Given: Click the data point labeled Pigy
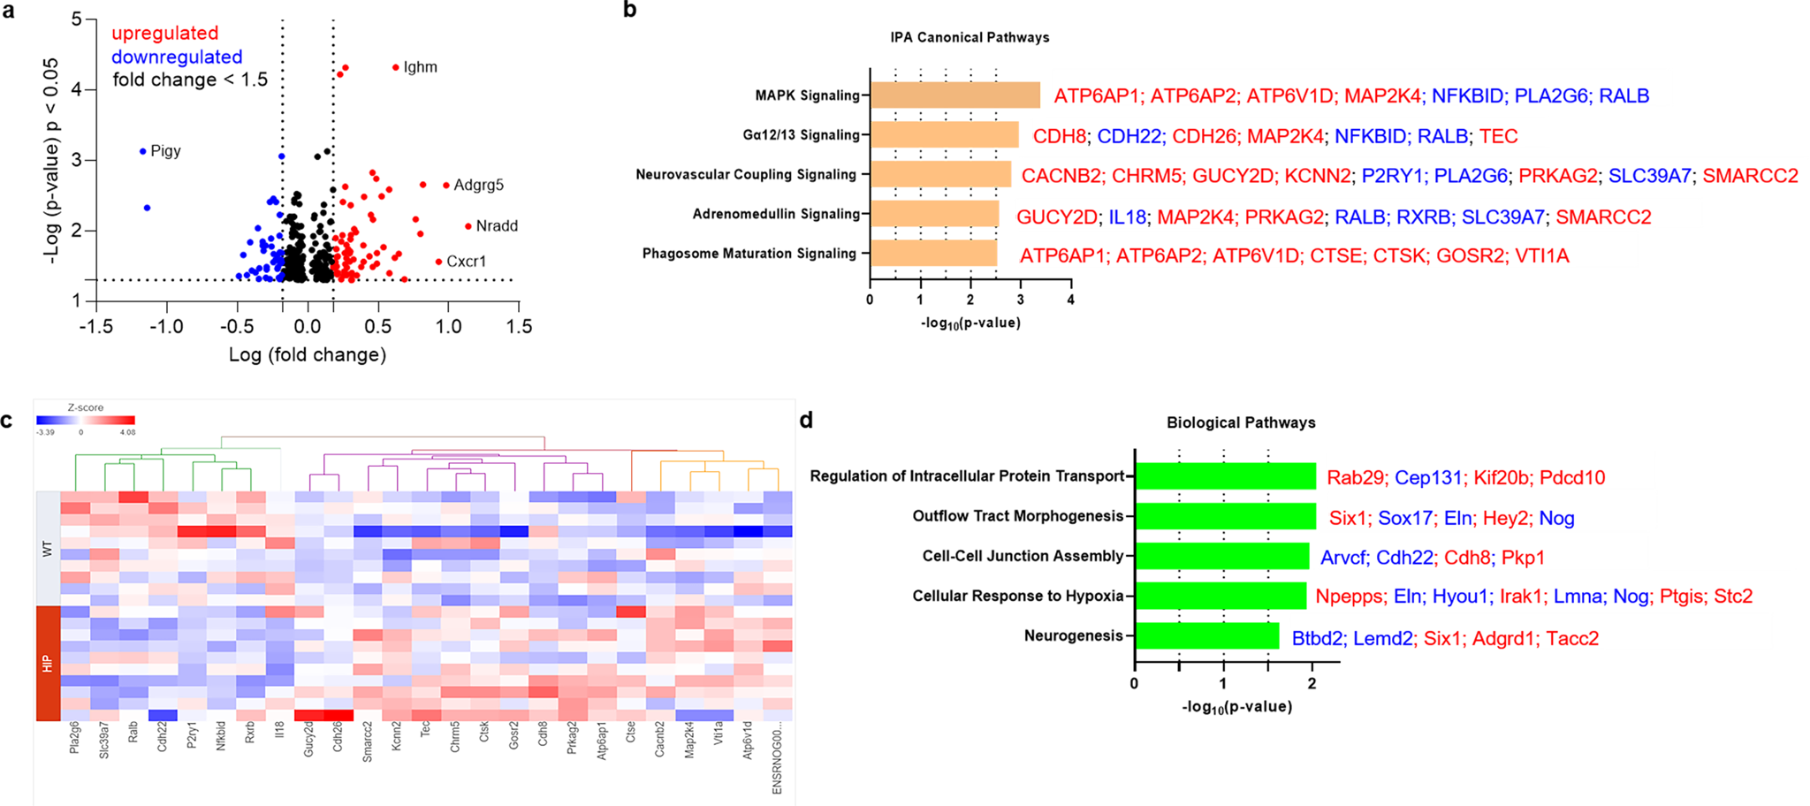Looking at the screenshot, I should point(143,152).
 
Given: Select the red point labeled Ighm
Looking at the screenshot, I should point(396,67).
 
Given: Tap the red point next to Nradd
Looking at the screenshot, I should point(468,226).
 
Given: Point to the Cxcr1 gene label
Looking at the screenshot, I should point(466,262).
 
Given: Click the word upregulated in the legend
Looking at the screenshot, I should point(164,34).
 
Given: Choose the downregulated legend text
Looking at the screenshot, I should point(177,57).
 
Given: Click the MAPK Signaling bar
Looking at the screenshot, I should point(954,95).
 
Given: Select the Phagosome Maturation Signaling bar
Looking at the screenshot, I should point(933,254).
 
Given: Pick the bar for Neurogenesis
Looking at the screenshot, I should point(1206,636).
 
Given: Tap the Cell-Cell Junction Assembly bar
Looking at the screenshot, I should point(1221,556).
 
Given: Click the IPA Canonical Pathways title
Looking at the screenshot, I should point(970,37).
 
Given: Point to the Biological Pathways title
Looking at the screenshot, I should point(1241,422).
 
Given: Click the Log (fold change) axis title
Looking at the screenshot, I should point(308,355).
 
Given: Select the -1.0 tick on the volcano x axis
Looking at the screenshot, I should point(166,327).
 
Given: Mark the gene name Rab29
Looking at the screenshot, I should point(1355,478).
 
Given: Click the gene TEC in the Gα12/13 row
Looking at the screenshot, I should point(1498,136).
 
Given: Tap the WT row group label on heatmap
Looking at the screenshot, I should point(48,549).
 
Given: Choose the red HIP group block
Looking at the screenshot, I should point(48,663).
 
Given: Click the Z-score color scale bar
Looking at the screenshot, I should point(86,421).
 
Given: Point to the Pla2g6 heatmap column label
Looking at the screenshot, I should point(75,737).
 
